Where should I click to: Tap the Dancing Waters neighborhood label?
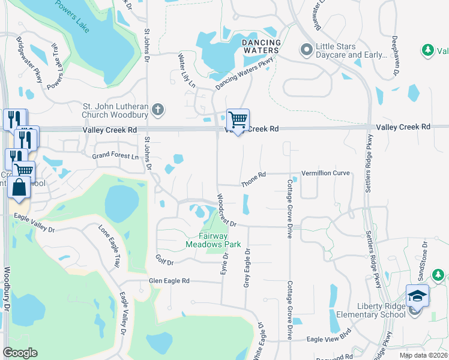point(261,47)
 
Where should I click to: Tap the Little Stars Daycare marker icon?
point(306,50)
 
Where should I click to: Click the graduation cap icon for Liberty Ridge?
point(417,296)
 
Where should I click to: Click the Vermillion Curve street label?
point(325,173)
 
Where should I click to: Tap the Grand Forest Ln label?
point(115,156)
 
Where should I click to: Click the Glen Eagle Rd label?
point(169,281)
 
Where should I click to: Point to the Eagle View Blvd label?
point(328,339)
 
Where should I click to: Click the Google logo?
point(20,353)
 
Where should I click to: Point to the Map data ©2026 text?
point(423,355)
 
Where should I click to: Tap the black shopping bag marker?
point(20,187)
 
